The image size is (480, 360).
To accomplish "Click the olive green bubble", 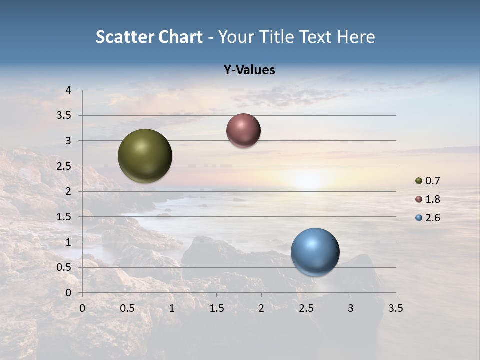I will (x=145, y=156).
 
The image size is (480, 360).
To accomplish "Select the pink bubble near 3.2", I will (x=243, y=130).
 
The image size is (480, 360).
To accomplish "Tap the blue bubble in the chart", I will (x=315, y=252).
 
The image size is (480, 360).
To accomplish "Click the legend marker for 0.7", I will (x=419, y=181).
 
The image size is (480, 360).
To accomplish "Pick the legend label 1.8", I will (x=432, y=199).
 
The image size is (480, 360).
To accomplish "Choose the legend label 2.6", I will (x=432, y=218).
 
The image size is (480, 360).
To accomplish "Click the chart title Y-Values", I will (x=249, y=70).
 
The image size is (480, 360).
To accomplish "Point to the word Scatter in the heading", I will (x=124, y=37).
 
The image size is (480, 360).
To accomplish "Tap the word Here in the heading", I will (x=356, y=37).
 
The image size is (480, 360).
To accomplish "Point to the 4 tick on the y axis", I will (x=68, y=90).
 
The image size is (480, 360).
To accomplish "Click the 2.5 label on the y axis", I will (x=64, y=166).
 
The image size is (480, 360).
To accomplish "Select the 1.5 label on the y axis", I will (x=64, y=217).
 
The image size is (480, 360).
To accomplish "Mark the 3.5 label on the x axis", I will (x=395, y=308).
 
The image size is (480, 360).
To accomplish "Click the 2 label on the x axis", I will (x=261, y=308).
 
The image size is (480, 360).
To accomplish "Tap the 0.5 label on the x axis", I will (x=127, y=308).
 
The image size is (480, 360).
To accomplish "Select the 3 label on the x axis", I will (x=351, y=308).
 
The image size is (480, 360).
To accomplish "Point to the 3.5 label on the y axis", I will (x=64, y=116).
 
